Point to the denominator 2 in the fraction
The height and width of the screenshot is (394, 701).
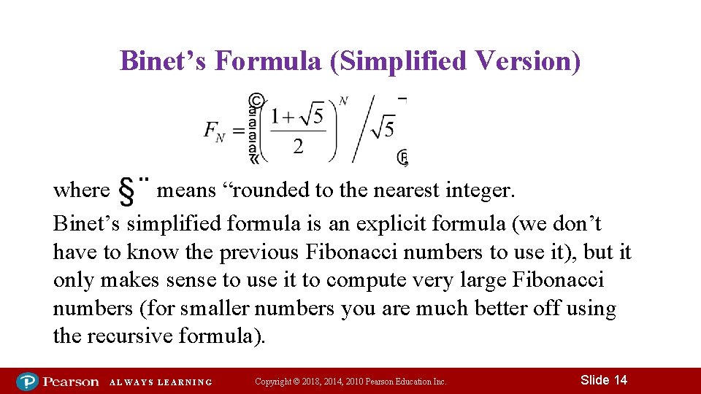(299, 147)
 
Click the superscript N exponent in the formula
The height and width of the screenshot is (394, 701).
(343, 101)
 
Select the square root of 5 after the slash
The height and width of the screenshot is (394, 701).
(383, 129)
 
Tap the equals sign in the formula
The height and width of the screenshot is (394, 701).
(238, 131)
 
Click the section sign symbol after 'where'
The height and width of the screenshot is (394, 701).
(126, 191)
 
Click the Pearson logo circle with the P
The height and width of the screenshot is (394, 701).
(28, 381)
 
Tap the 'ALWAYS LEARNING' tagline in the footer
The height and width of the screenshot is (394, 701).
(161, 382)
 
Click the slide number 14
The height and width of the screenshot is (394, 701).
(621, 380)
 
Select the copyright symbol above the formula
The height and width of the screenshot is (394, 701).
(256, 100)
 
